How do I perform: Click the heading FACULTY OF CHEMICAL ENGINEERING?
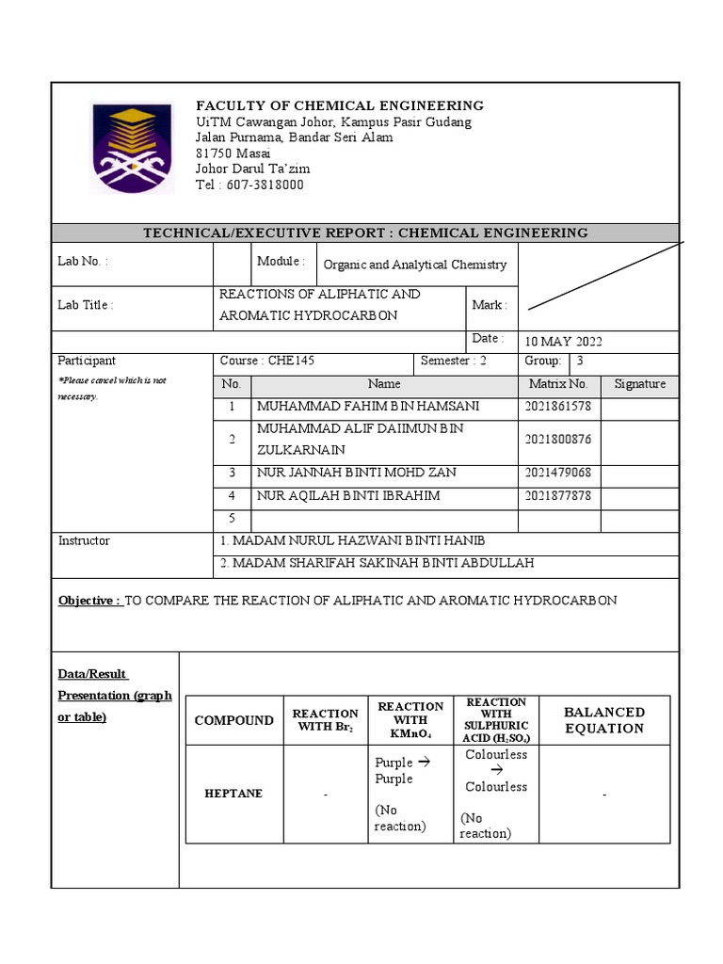point(339,105)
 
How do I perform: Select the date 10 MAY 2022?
point(563,342)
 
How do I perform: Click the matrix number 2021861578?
point(557,407)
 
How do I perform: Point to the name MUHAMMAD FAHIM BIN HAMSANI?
point(368,407)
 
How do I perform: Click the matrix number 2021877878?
point(557,496)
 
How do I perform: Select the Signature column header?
point(639,384)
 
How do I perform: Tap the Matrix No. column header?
point(557,384)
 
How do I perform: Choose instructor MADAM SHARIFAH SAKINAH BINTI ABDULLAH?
point(377,563)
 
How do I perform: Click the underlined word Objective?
point(89,601)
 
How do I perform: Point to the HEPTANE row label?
point(233,794)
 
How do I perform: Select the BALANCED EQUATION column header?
point(603,720)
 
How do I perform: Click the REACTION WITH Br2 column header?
point(326,720)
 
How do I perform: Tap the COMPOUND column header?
point(233,720)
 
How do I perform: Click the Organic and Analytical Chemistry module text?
point(414,265)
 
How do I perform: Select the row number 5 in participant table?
point(232,519)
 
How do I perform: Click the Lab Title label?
point(86,306)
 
